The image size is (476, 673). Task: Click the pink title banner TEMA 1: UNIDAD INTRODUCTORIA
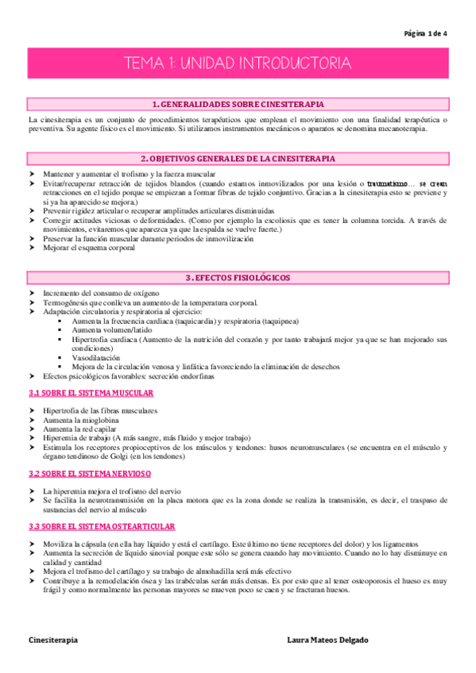click(238, 63)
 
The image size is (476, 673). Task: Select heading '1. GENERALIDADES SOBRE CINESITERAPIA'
click(238, 104)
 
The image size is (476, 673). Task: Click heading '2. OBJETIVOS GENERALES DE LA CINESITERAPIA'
click(238, 159)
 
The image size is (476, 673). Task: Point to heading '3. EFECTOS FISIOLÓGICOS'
click(238, 278)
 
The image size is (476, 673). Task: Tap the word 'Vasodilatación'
click(98, 358)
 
